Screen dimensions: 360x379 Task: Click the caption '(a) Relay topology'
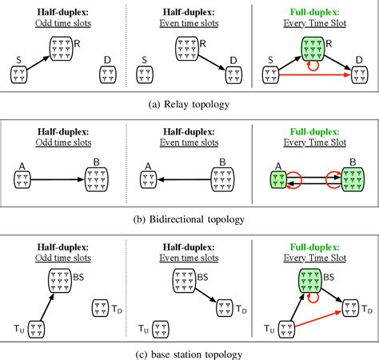189,103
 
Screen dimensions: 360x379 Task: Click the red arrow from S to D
312,78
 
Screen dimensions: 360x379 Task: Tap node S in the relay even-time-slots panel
146,74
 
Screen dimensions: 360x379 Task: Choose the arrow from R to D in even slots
209,62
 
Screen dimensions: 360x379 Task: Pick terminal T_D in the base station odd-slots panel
102,307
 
